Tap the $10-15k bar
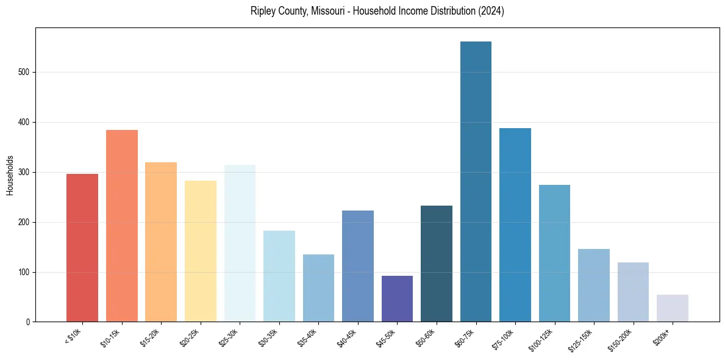tap(121, 226)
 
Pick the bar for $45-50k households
tap(397, 299)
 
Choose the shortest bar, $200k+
tap(673, 309)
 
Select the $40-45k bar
tap(358, 266)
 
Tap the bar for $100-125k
tap(554, 253)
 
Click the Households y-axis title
tap(10, 175)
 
